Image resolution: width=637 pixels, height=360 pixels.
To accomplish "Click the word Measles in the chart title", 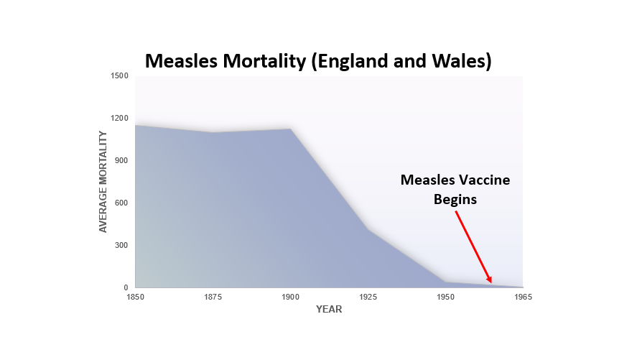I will tap(180, 61).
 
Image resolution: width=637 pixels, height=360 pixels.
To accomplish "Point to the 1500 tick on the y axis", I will tap(119, 76).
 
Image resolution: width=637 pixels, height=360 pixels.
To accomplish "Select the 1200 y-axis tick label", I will tap(119, 119).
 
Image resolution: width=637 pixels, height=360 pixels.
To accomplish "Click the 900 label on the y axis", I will tap(121, 160).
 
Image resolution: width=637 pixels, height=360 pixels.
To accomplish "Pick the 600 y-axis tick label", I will tap(121, 203).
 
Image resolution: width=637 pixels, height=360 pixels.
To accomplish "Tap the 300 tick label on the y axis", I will tap(121, 245).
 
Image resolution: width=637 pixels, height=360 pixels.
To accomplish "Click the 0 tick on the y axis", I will tap(126, 287).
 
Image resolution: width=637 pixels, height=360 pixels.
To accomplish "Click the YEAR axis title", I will tap(329, 310).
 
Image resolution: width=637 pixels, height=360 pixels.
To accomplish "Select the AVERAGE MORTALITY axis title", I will tap(103, 181).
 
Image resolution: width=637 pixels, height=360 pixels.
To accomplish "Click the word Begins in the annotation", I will tap(455, 199).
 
